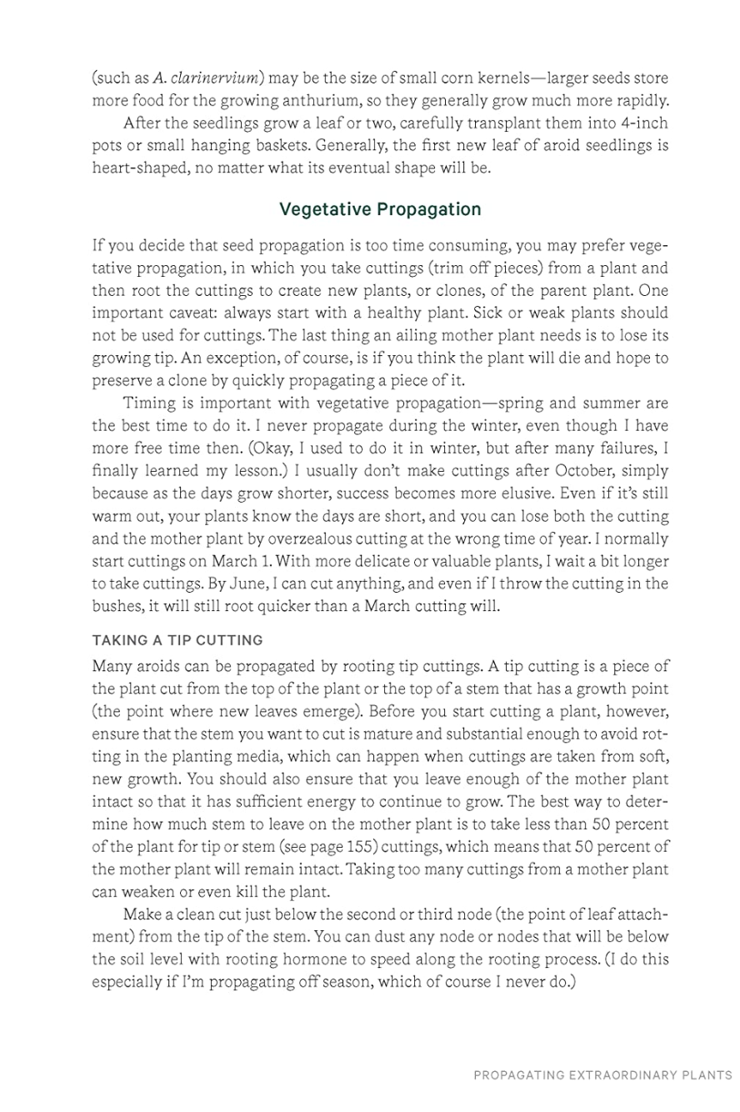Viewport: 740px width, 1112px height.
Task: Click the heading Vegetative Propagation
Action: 380,209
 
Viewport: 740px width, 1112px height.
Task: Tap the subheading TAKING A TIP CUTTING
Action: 177,641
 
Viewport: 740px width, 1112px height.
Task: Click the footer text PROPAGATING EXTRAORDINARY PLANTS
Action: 603,1075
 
